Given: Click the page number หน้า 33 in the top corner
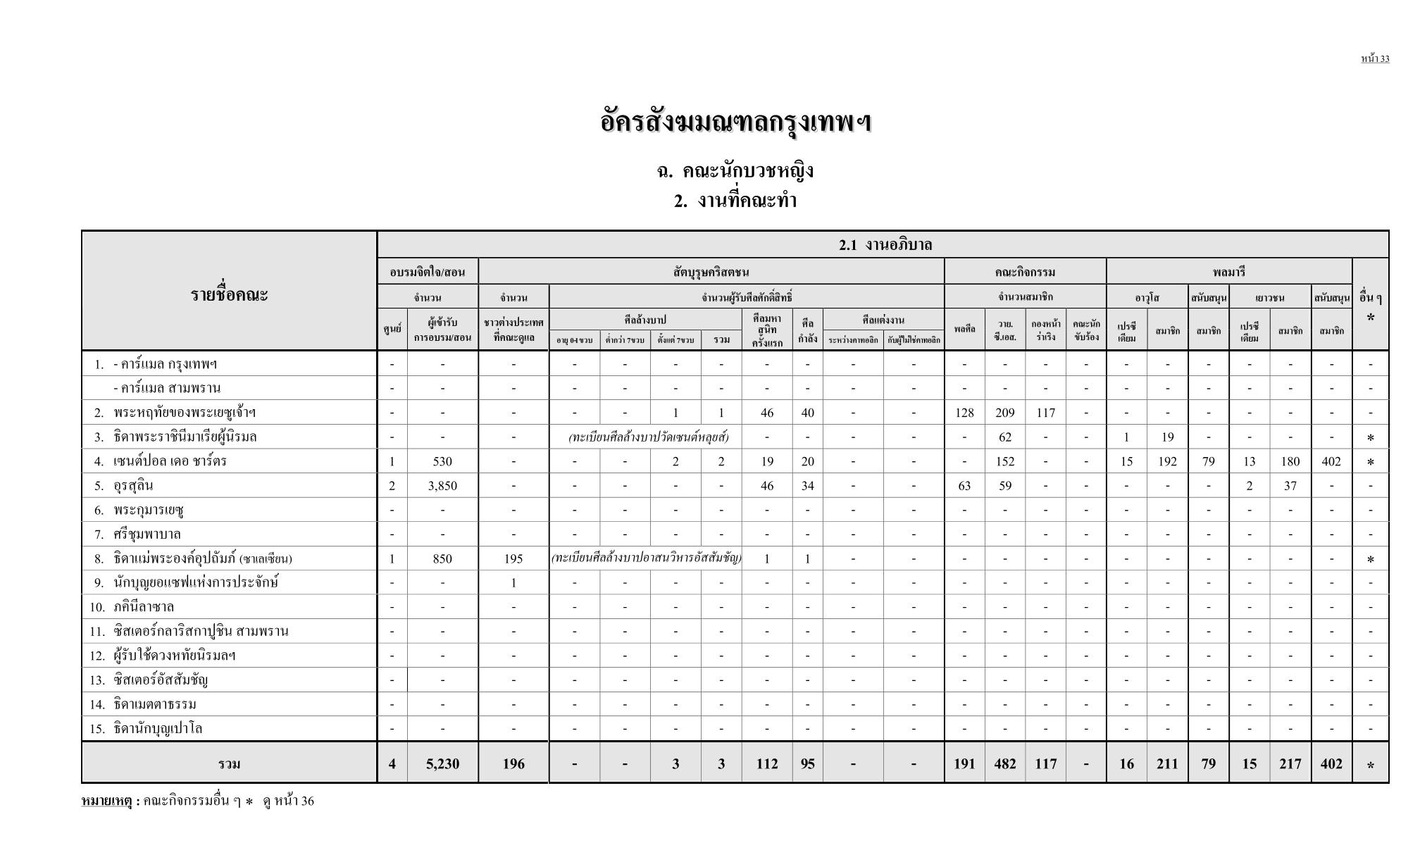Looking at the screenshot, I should (x=1374, y=58).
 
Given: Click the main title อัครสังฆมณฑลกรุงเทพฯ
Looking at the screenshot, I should (x=735, y=122).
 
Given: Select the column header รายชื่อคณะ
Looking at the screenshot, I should (x=229, y=294).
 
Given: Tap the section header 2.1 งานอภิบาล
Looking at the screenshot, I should (x=885, y=244).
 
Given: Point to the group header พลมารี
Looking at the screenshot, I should (x=1228, y=271).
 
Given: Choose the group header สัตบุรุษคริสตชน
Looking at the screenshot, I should (x=711, y=271).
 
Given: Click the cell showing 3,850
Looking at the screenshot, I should (x=442, y=486).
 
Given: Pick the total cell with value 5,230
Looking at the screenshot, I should (x=442, y=763).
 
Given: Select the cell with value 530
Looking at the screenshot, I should (x=442, y=461).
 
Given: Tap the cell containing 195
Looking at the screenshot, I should (x=513, y=558).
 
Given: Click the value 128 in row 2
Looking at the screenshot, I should (x=964, y=413).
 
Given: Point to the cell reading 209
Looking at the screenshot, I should (x=1005, y=413).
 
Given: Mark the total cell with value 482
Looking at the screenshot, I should (x=1005, y=763).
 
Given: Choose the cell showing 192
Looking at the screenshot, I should (x=1167, y=461).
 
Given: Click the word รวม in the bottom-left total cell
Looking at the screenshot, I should (x=229, y=764).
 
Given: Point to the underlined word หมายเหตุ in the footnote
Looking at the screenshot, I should (x=106, y=801).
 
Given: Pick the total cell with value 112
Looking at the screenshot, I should (x=766, y=763).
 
